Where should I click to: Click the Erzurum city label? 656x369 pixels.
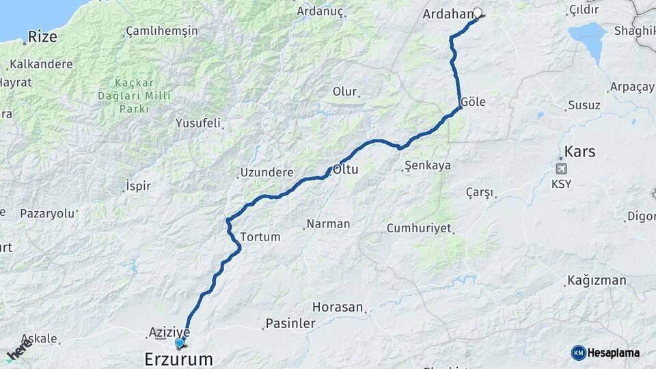pos(178,359)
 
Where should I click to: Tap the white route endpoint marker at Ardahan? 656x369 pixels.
pos(478,12)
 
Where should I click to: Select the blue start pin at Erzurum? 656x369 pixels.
pos(180,343)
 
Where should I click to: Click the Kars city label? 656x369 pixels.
pos(579,151)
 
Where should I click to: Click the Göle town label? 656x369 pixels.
pos(473,102)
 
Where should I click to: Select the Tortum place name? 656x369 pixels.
pos(260,237)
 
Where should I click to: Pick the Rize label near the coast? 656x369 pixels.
pos(42,36)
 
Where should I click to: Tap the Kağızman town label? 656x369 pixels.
pos(596,281)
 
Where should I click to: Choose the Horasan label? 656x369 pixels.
pos(338,307)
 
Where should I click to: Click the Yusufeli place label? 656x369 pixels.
pos(198,124)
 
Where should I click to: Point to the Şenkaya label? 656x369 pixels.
pos(428,165)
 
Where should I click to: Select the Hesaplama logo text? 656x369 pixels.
pos(614,353)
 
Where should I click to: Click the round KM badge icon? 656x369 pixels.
pos(579,353)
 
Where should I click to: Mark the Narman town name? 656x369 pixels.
pos(329,223)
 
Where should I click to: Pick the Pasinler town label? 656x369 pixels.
pos(290,323)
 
